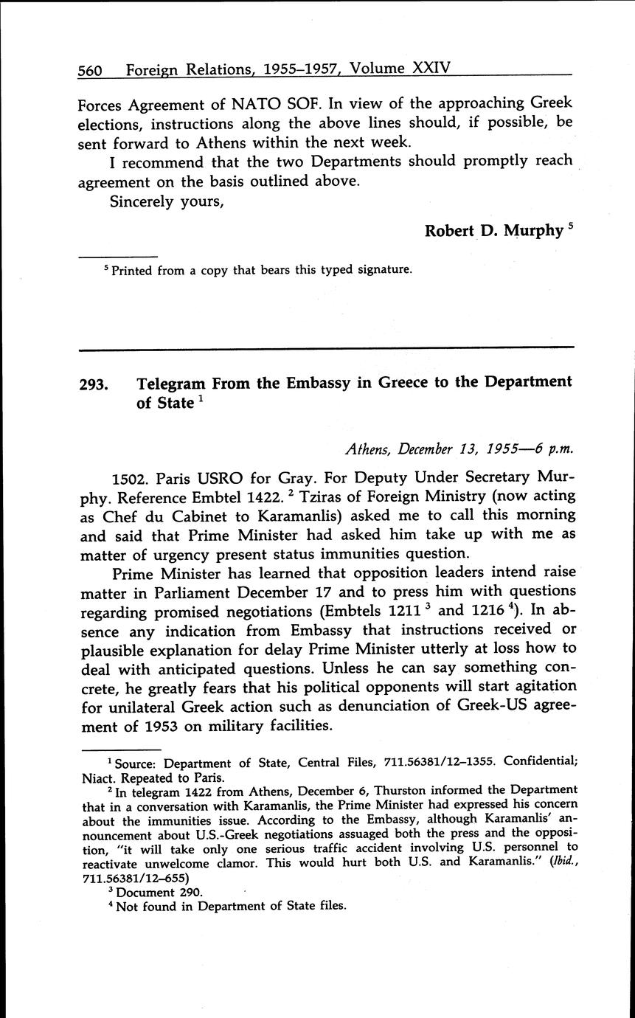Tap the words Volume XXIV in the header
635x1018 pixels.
coord(399,69)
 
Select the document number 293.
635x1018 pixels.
coord(93,384)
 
